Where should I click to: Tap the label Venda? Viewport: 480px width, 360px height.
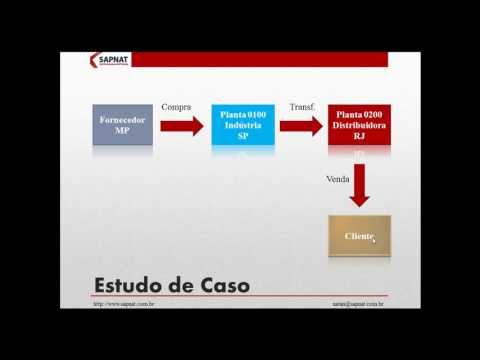[x=337, y=180]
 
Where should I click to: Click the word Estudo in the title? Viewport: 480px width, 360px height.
[x=134, y=286]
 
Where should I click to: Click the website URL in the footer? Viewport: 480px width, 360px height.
[x=123, y=304]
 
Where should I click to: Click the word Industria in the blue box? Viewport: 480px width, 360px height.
[x=242, y=127]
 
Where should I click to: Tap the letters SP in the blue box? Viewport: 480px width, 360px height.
[x=242, y=137]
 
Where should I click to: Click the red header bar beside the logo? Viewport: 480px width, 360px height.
[x=260, y=60]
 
